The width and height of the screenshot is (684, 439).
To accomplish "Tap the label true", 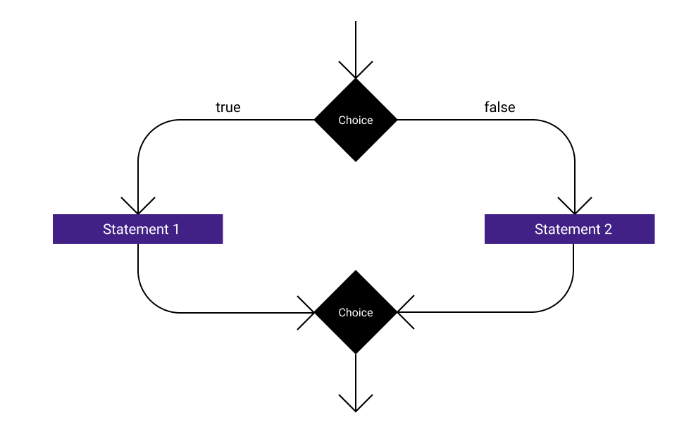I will click(x=228, y=107).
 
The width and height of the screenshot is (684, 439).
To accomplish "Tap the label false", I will click(x=499, y=107).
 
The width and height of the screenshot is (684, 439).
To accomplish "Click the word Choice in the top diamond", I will click(x=356, y=120).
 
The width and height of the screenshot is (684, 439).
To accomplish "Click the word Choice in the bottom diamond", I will click(x=356, y=313).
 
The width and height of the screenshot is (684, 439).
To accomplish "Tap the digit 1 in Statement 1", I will click(x=175, y=229).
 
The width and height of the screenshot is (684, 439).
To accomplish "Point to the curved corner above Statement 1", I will click(x=149, y=130).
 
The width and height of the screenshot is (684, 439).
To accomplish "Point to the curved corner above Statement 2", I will click(x=564, y=130).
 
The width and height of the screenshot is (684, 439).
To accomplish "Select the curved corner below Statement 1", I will click(x=149, y=302).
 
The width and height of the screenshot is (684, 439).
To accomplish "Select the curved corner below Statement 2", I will click(x=563, y=302).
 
